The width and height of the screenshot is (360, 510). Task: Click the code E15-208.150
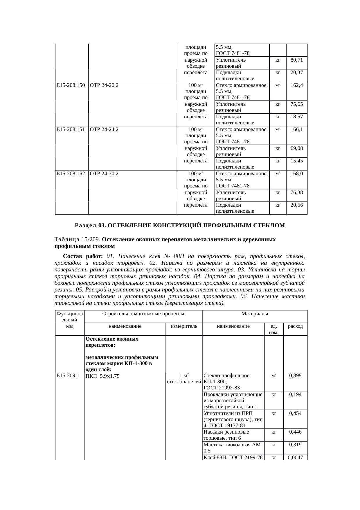click(71, 85)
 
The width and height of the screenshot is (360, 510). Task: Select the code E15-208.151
click(71, 130)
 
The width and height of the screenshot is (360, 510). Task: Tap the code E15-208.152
click(71, 174)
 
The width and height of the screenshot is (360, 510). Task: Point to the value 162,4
click(297, 85)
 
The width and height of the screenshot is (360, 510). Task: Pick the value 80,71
click(297, 60)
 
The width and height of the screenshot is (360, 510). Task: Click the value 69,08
click(297, 148)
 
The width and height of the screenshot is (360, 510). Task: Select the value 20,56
click(297, 205)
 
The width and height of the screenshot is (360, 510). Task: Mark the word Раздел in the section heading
click(86, 226)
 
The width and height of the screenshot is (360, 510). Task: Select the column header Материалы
click(255, 314)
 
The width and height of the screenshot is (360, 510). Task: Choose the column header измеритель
click(184, 326)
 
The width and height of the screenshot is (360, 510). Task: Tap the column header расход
click(295, 326)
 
